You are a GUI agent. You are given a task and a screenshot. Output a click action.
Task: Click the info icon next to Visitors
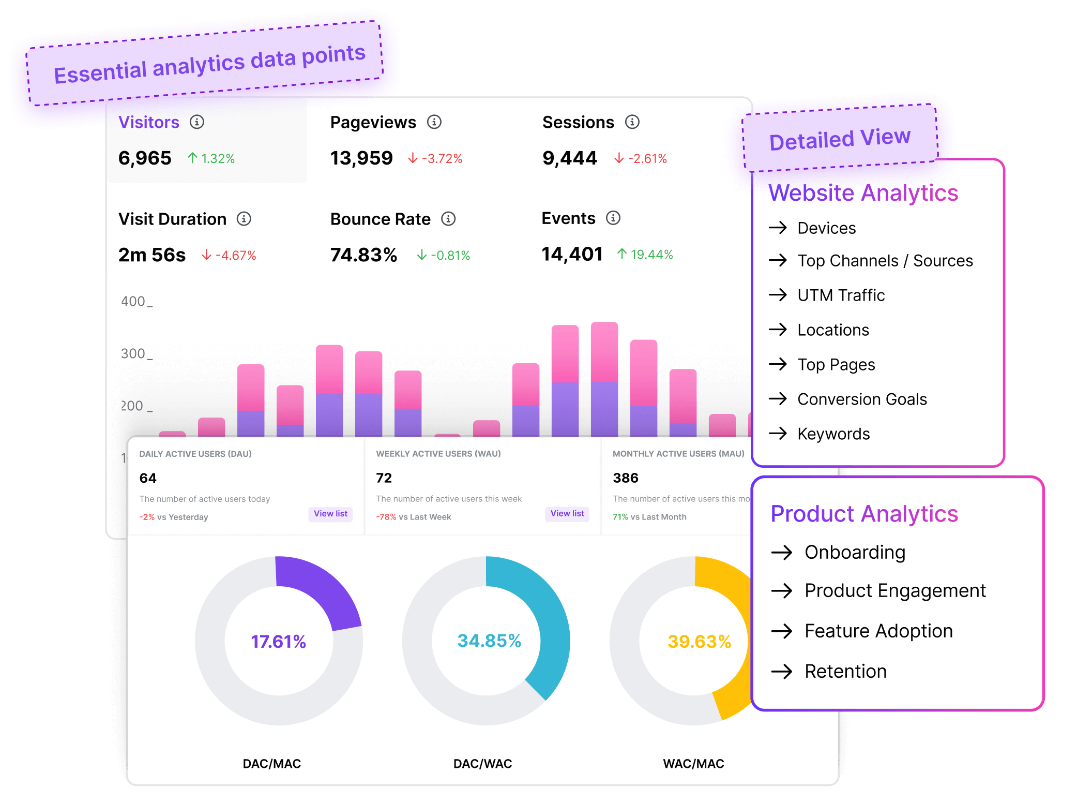tap(197, 122)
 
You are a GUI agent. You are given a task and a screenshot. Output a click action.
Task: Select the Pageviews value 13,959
tap(361, 158)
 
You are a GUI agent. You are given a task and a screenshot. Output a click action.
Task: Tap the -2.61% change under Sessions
tap(641, 158)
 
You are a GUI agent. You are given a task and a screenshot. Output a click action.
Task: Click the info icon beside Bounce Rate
tap(448, 219)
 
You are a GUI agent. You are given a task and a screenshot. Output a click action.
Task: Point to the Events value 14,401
tap(572, 254)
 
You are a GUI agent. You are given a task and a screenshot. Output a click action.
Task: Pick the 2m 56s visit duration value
tap(151, 255)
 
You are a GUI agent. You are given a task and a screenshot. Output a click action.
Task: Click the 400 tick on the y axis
tap(133, 301)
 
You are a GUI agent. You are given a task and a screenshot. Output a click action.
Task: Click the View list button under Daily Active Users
tap(330, 513)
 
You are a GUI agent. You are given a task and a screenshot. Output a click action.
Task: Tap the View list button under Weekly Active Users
tap(567, 513)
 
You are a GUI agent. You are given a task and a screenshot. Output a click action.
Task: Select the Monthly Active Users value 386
tap(626, 478)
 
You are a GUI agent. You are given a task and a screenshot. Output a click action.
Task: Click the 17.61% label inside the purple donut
tap(278, 642)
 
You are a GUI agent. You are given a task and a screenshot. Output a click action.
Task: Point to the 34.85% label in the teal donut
tap(489, 641)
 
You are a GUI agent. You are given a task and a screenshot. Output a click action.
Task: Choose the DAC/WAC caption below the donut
tap(482, 764)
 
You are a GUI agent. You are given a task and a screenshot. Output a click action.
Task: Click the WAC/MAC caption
tap(693, 764)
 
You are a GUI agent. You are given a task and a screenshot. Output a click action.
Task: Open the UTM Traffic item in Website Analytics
tap(841, 295)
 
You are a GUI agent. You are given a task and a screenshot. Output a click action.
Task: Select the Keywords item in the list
tap(833, 434)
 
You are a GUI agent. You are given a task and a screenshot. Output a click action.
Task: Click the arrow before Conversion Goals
tap(778, 398)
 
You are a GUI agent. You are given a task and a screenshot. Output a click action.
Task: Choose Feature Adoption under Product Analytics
tap(878, 631)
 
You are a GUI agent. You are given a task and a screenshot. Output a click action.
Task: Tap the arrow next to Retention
tap(782, 671)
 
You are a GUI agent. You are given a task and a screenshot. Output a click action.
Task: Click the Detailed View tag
tap(840, 139)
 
